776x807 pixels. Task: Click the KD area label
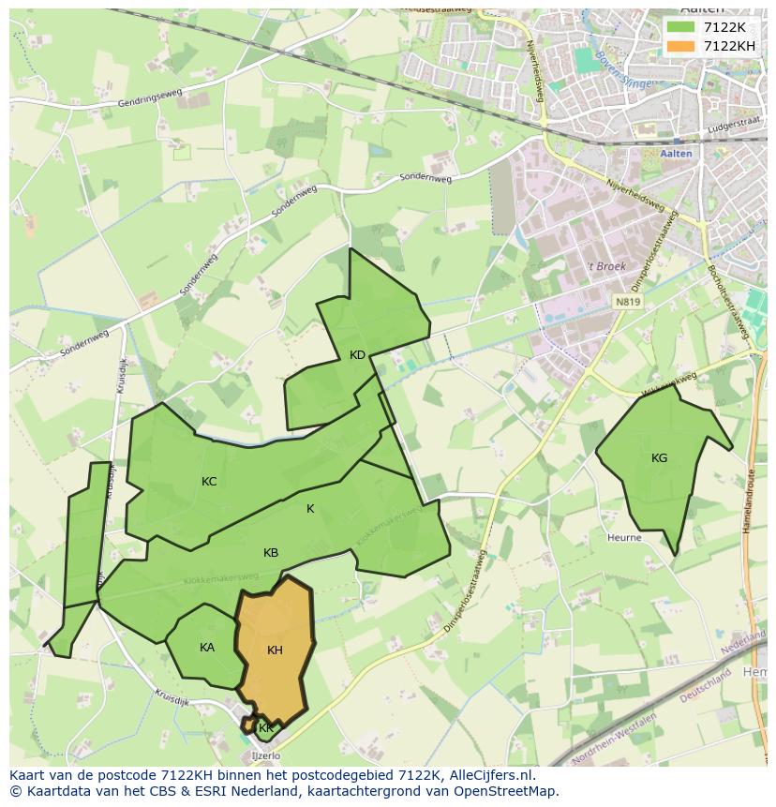click(x=357, y=355)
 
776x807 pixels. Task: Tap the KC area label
click(x=209, y=482)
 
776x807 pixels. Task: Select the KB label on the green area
click(x=271, y=553)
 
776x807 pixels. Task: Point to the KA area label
click(x=207, y=648)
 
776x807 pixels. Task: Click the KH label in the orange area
click(x=275, y=650)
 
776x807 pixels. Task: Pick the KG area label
click(x=660, y=458)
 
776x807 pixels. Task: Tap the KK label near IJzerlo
click(x=266, y=728)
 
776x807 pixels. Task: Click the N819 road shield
click(x=628, y=302)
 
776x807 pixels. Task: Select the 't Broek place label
click(x=606, y=267)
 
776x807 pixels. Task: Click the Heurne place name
click(x=624, y=538)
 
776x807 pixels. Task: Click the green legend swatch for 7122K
click(x=681, y=27)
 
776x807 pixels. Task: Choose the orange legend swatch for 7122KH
click(x=681, y=46)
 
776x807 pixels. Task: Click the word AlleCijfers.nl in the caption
click(x=492, y=775)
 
